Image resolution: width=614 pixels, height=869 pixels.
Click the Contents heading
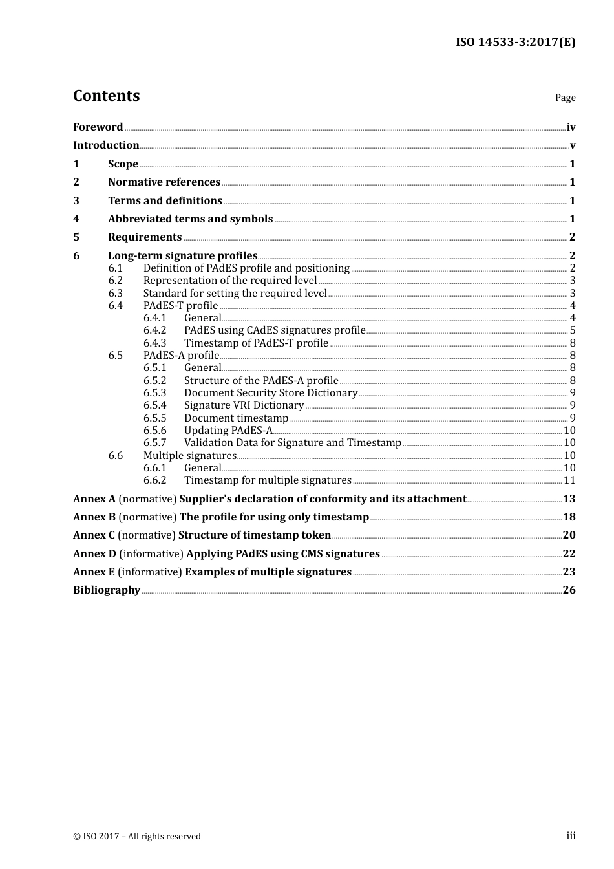point(106,96)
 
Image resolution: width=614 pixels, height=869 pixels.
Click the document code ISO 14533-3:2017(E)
point(515,42)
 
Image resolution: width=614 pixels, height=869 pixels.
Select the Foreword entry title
point(98,127)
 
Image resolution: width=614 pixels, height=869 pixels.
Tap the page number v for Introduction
point(573,145)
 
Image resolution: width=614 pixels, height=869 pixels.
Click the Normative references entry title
point(164,182)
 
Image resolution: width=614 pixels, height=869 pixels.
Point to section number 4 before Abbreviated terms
point(76,219)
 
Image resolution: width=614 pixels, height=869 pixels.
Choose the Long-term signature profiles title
point(183,256)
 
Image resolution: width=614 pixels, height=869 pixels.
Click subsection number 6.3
point(116,294)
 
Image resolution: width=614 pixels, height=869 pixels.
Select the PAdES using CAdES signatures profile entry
point(275,330)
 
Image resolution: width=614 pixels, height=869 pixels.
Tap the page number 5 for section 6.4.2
point(573,330)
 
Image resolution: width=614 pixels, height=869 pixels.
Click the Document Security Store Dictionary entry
point(271,393)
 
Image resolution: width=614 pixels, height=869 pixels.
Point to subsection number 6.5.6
point(155,431)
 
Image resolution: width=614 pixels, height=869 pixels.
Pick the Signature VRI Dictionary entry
point(244,405)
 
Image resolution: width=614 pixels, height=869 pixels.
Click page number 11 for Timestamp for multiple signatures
point(569,480)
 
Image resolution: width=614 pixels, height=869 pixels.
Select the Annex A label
point(94,499)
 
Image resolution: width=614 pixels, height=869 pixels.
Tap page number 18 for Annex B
point(569,517)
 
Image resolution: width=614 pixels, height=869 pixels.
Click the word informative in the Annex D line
point(151,554)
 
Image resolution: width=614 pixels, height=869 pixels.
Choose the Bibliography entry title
point(107,590)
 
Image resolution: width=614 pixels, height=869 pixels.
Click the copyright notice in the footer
point(137,837)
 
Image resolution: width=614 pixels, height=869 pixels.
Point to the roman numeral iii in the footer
point(571,836)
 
